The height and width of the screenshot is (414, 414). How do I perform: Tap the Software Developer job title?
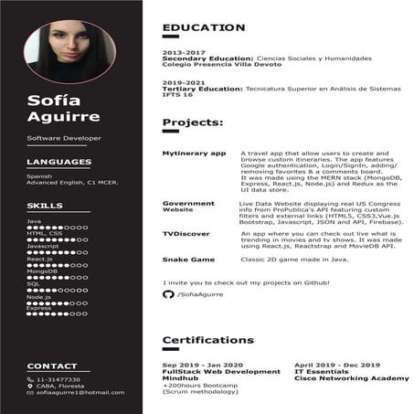[64, 138]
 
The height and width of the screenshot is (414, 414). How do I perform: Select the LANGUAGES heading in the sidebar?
[58, 162]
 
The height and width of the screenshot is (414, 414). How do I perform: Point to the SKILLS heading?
[45, 206]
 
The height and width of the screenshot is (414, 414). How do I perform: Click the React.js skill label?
[39, 259]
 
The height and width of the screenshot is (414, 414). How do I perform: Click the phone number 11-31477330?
[58, 379]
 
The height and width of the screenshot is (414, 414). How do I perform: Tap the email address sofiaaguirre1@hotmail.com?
[80, 392]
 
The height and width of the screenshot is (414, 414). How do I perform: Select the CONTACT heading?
[52, 366]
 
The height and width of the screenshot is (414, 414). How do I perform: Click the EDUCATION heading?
[203, 28]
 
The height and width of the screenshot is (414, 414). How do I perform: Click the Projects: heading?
[192, 122]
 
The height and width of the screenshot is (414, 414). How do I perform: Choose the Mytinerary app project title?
[194, 154]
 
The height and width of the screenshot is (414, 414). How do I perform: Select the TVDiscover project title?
[187, 234]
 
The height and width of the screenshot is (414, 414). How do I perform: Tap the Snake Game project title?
[188, 260]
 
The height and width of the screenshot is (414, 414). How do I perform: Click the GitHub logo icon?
[168, 294]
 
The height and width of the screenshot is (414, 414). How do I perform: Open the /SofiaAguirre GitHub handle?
[200, 294]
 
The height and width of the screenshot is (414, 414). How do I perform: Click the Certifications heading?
[207, 340]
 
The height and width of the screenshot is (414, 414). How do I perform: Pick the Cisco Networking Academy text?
[351, 377]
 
